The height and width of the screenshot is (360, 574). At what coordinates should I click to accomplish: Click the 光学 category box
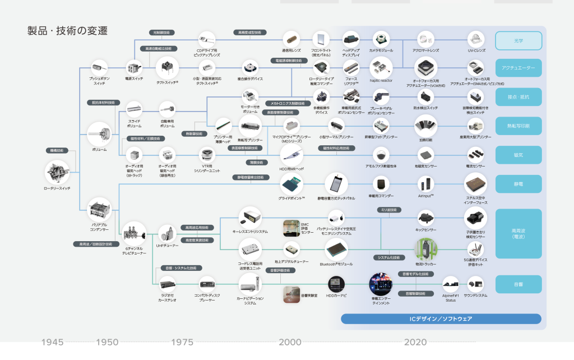point(518,41)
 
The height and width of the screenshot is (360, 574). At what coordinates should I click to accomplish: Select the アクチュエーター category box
point(518,68)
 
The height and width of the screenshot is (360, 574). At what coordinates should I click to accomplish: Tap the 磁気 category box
point(518,155)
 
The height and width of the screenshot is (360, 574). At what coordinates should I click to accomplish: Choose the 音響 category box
point(518,284)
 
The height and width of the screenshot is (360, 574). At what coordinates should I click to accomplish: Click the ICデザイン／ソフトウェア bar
point(441,319)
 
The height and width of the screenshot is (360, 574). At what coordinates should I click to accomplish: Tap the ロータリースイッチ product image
point(59,170)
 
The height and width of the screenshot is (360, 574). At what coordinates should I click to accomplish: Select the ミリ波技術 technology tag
point(388,210)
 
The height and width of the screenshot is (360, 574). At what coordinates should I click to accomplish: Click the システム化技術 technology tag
point(388,257)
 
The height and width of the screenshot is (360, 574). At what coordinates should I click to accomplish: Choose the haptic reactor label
point(381,81)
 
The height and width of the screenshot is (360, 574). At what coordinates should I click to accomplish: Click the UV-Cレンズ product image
point(476,39)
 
